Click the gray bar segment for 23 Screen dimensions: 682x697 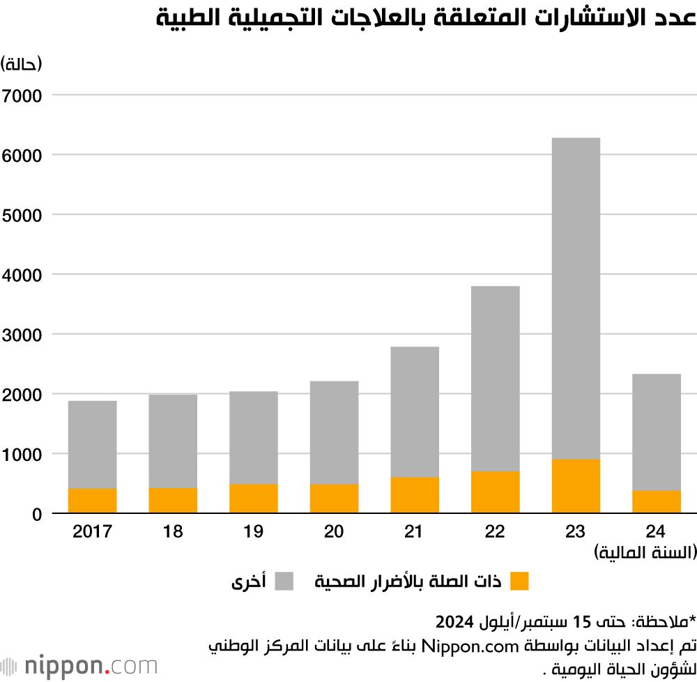[576, 298]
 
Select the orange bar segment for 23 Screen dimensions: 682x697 [576, 486]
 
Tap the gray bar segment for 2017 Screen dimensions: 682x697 [92, 444]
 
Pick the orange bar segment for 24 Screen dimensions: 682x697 [656, 502]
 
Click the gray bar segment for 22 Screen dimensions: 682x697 [495, 379]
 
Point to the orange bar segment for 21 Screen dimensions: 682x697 [415, 495]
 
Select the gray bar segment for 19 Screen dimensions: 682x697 [253, 437]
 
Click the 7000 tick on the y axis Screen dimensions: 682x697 [22, 95]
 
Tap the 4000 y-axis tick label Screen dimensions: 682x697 [22, 275]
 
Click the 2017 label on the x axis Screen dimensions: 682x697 [92, 532]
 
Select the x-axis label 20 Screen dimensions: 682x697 [334, 532]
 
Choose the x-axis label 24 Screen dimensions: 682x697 [656, 532]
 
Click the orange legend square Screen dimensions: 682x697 [519, 581]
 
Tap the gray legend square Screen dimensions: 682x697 [284, 581]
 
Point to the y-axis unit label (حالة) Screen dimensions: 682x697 [22, 64]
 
